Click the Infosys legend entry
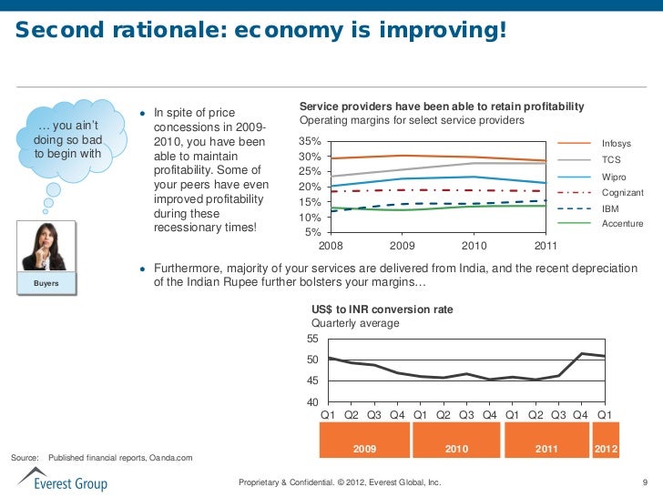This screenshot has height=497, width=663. (x=617, y=144)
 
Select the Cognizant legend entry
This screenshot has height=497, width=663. (x=623, y=193)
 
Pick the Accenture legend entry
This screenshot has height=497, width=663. (x=623, y=224)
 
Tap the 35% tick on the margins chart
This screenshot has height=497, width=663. (x=310, y=142)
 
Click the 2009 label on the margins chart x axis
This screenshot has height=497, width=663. (x=402, y=246)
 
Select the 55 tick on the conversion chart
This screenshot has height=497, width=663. (x=311, y=339)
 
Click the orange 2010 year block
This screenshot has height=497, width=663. (x=456, y=450)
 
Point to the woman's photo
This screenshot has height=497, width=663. (x=46, y=244)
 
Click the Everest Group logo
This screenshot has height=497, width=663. (x=62, y=479)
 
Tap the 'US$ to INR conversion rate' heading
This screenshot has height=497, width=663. (x=382, y=309)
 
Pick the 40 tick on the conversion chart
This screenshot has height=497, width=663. (x=311, y=402)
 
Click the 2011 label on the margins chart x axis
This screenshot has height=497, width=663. (x=546, y=246)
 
